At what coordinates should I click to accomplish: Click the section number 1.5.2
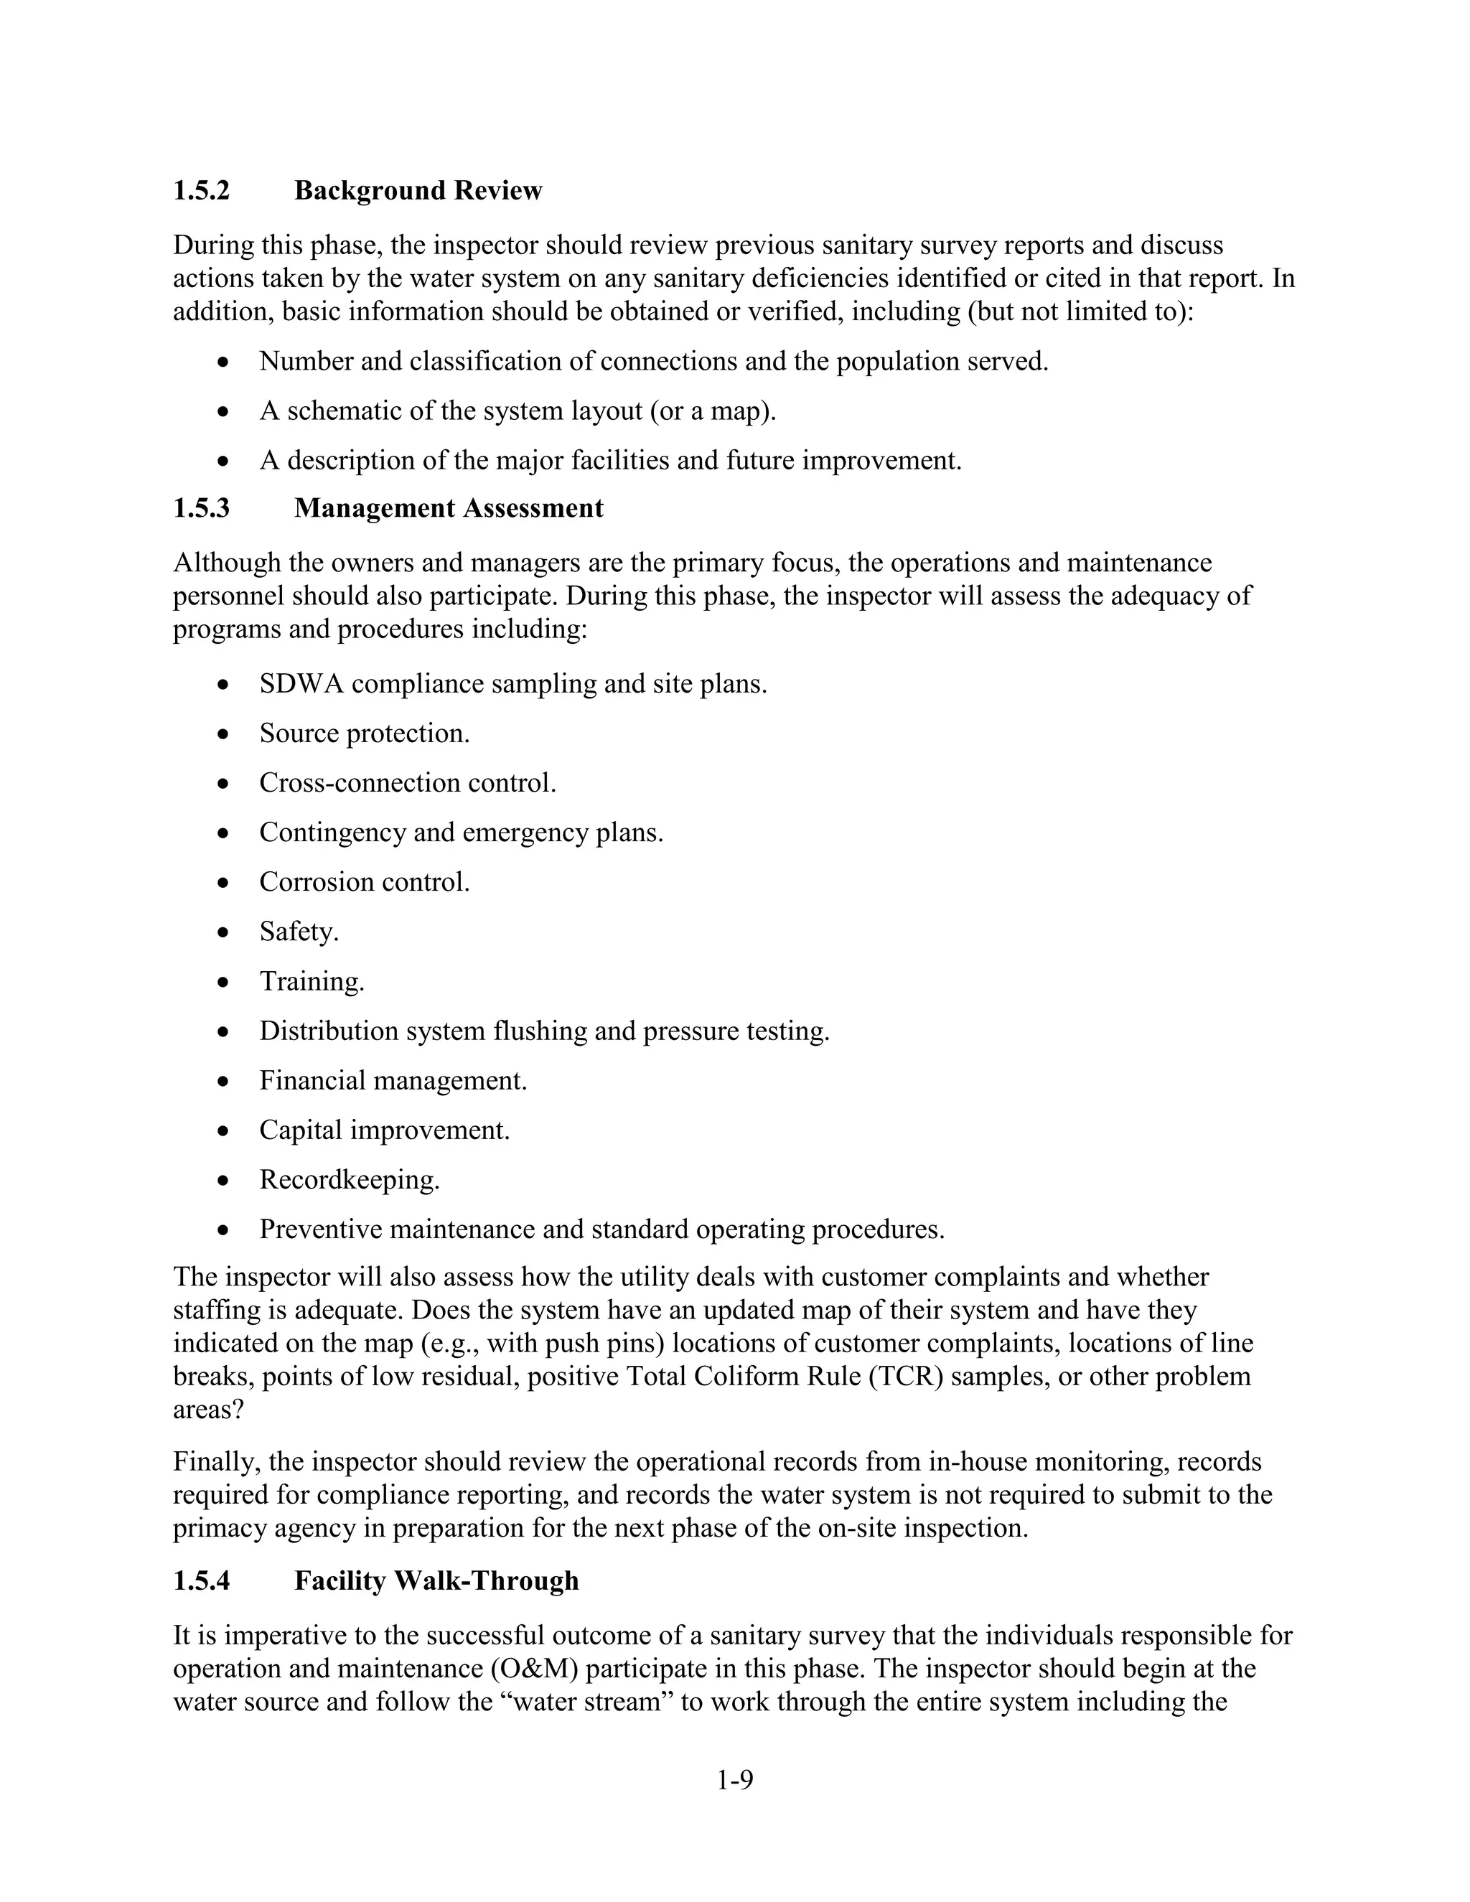point(201,191)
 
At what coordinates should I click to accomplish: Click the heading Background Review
point(418,191)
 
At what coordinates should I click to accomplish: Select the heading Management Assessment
point(449,507)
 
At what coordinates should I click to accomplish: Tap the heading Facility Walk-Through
point(436,1580)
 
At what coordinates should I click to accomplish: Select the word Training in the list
point(311,981)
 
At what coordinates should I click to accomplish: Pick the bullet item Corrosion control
point(364,882)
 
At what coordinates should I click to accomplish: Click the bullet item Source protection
point(364,734)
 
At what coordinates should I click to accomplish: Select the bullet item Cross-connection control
point(408,783)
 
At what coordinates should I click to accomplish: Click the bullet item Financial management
point(393,1081)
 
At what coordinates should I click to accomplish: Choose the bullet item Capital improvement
point(384,1130)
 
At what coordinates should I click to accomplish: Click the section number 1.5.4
point(201,1580)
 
